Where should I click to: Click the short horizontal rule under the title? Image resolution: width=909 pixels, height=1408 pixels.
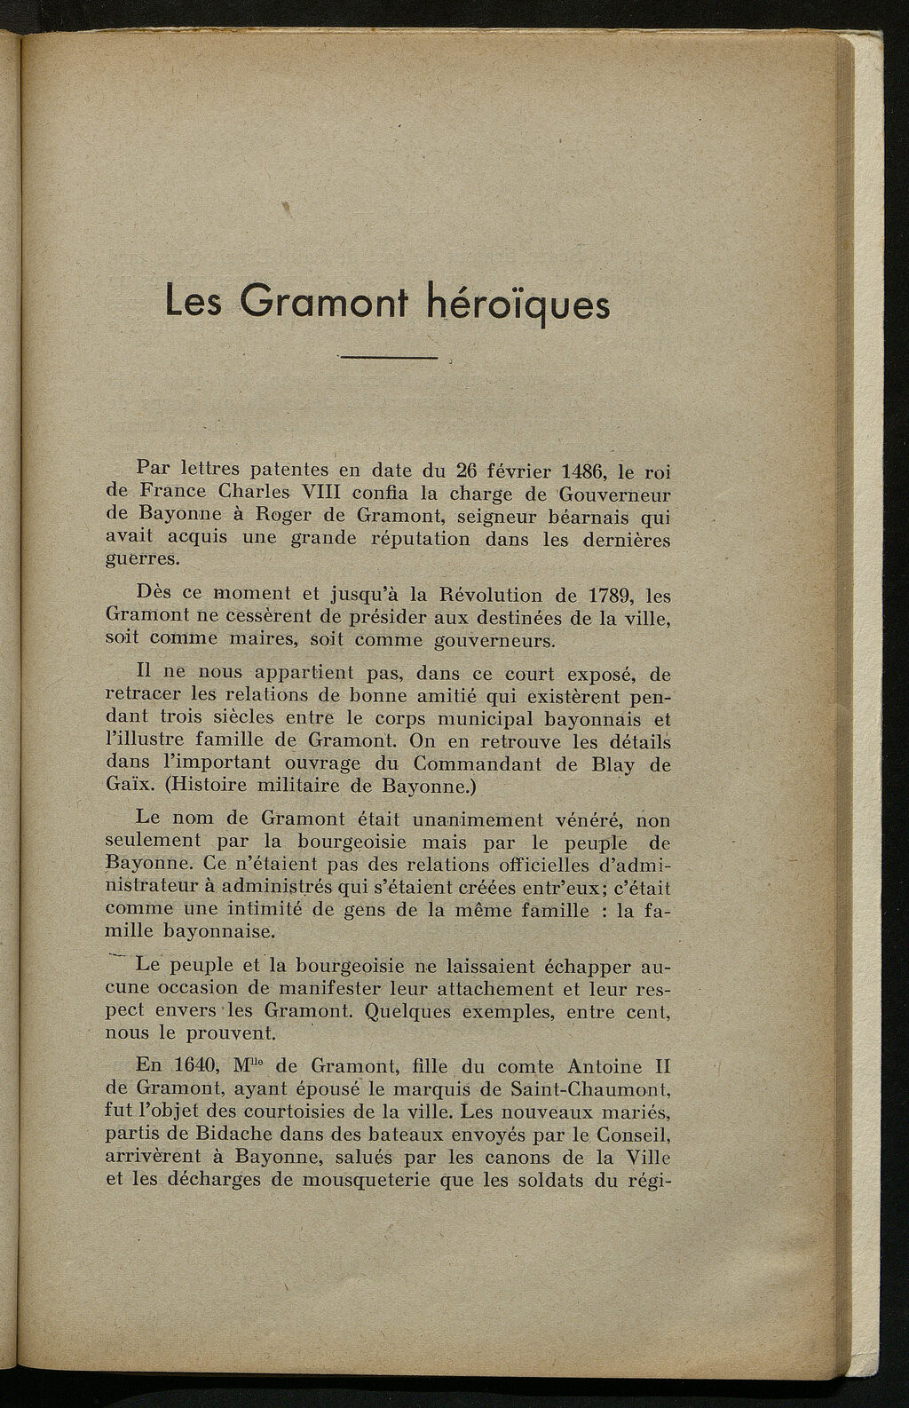pos(390,358)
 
